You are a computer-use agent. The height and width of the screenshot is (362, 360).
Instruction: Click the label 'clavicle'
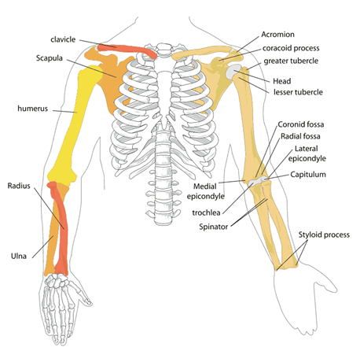click(x=63, y=39)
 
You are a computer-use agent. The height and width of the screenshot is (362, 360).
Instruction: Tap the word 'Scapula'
click(x=50, y=58)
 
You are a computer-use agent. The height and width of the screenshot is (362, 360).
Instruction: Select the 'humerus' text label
click(x=32, y=109)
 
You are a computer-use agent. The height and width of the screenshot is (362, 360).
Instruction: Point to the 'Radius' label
click(x=19, y=186)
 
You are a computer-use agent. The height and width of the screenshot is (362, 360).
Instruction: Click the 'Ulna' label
click(x=19, y=256)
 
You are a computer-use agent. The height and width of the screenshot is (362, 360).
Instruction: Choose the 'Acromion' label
click(x=277, y=35)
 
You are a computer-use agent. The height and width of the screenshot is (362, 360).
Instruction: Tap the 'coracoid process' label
click(x=291, y=48)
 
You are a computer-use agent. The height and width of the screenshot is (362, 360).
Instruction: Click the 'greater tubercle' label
click(x=291, y=61)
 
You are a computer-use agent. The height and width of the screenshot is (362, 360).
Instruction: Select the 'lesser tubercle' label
click(x=298, y=92)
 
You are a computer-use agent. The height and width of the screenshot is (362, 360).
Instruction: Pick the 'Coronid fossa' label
click(x=301, y=124)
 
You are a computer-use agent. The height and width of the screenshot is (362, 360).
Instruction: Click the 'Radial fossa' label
click(x=300, y=136)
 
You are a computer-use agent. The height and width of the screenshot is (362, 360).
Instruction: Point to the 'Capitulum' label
click(x=308, y=175)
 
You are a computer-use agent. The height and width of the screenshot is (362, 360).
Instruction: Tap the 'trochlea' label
click(x=206, y=212)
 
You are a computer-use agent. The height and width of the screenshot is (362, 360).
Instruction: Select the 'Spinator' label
click(x=213, y=227)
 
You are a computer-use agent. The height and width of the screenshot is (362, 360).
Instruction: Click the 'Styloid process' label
click(x=324, y=235)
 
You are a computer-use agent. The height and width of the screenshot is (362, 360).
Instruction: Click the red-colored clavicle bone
click(x=128, y=50)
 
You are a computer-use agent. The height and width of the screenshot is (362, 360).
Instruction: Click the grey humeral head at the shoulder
click(x=233, y=72)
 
